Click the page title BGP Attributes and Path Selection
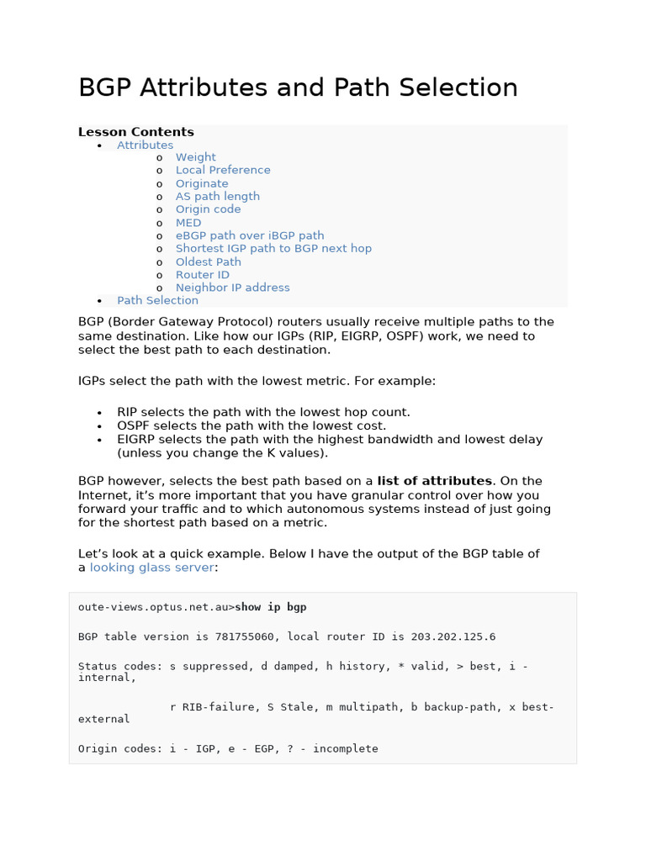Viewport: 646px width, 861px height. (298, 88)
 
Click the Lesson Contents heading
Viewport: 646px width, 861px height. (135, 132)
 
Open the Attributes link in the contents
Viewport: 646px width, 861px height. (145, 145)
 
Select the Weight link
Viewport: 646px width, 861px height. (195, 157)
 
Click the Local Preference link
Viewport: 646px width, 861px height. (223, 170)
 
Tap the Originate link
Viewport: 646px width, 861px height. (202, 183)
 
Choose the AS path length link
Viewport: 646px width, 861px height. (217, 196)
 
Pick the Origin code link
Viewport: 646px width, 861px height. (208, 209)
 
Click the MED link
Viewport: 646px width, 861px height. (188, 223)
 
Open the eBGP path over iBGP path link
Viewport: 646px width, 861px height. (249, 235)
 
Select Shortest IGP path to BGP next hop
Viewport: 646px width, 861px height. (273, 248)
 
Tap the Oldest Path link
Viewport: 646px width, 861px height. (208, 261)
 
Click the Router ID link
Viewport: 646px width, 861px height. (202, 275)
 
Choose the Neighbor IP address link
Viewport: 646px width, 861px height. (232, 288)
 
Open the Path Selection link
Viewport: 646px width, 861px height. (157, 300)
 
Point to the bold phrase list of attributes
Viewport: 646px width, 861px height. (434, 481)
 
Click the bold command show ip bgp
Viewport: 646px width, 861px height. (271, 607)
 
